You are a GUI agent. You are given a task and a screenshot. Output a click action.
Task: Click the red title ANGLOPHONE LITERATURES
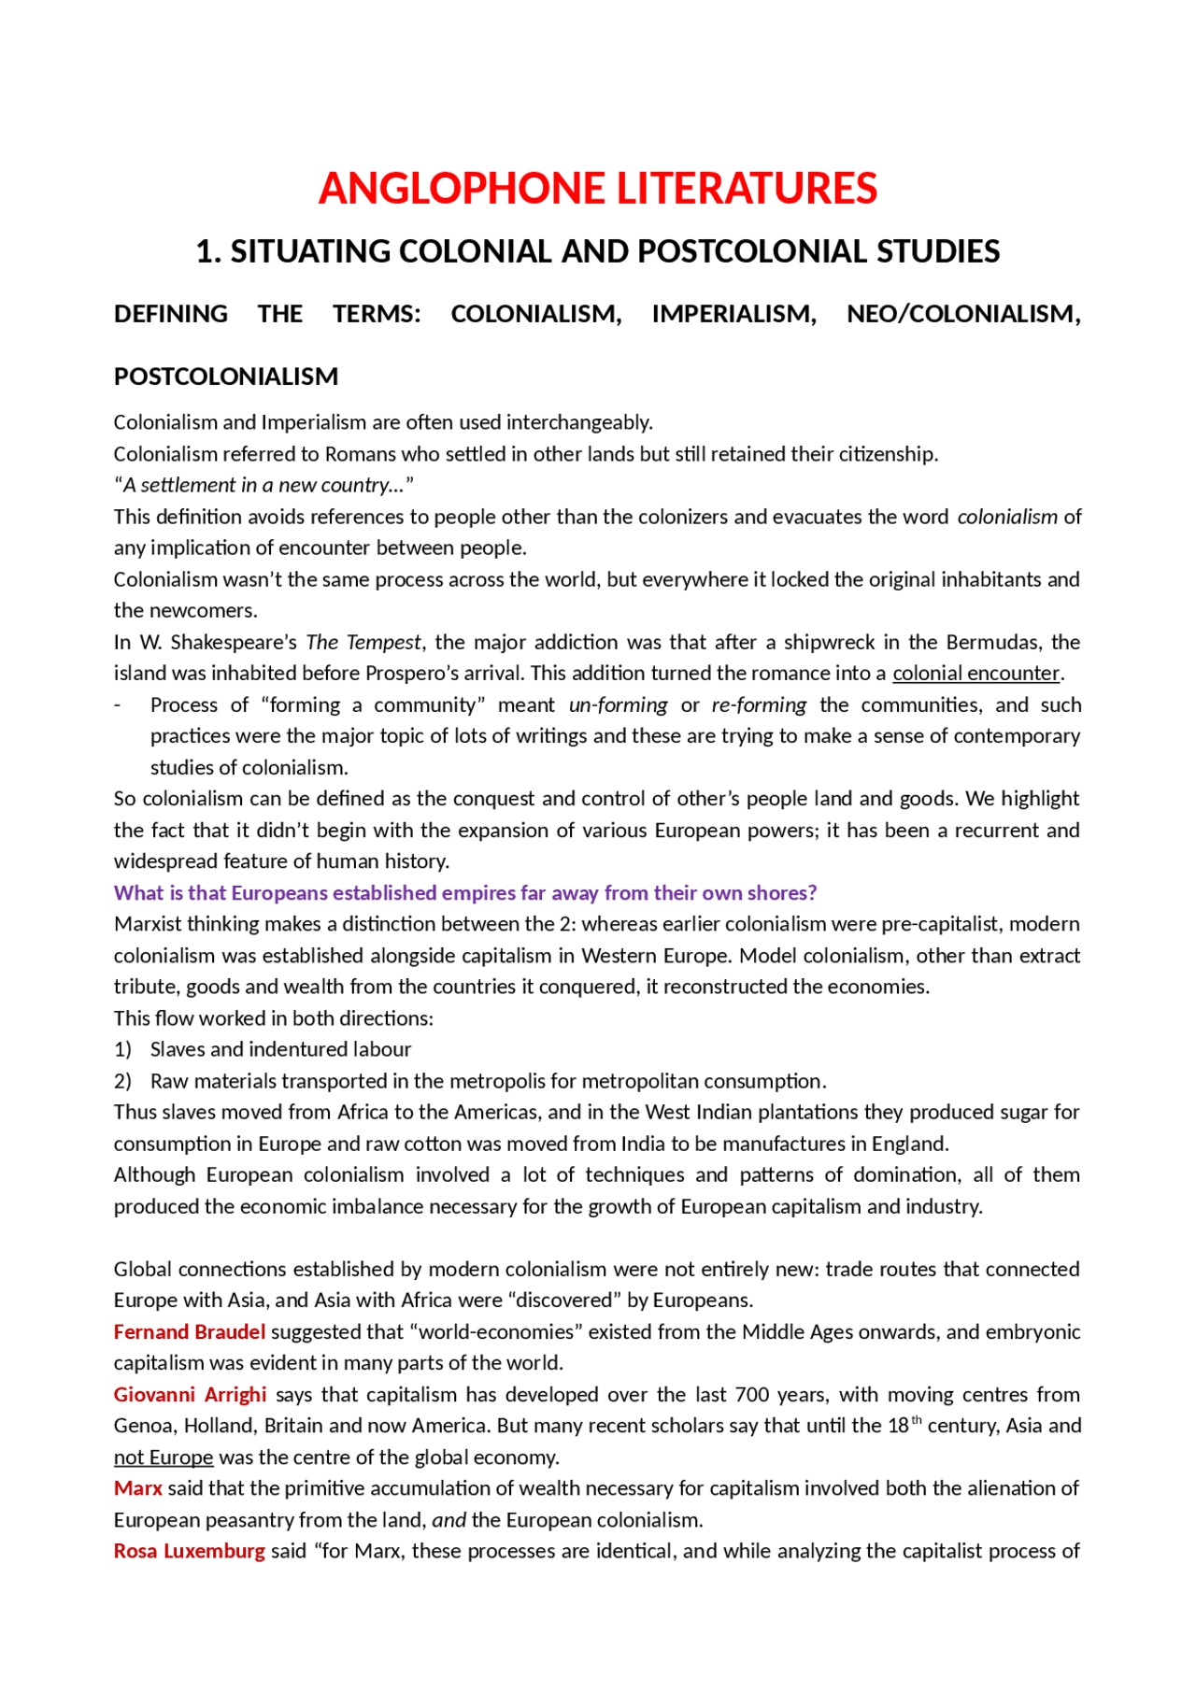[x=597, y=189]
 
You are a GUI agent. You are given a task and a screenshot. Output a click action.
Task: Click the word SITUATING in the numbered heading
[x=309, y=251]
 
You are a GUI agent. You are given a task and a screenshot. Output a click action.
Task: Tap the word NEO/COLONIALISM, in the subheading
[x=962, y=314]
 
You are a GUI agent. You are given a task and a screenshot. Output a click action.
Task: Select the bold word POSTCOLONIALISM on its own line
[x=226, y=377]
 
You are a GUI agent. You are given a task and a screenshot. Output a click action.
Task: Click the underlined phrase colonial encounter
[x=975, y=673]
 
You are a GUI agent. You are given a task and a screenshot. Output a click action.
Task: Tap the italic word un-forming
[x=618, y=704]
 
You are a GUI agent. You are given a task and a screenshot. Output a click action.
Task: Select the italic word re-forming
[x=759, y=704]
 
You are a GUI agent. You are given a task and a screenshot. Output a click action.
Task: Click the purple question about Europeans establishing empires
[x=465, y=892]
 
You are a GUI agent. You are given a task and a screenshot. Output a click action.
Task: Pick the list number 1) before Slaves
[x=122, y=1049]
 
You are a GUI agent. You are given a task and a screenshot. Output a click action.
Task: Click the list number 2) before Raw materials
[x=122, y=1081]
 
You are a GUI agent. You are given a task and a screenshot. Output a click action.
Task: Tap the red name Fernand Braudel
[x=190, y=1331]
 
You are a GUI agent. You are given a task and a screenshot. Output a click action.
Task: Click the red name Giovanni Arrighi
[x=190, y=1394]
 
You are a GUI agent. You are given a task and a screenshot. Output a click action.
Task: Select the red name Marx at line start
[x=137, y=1487]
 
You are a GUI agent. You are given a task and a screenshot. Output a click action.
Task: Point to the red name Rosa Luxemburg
[x=190, y=1551]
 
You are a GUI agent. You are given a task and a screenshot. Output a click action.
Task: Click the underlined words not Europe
[x=164, y=1457]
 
